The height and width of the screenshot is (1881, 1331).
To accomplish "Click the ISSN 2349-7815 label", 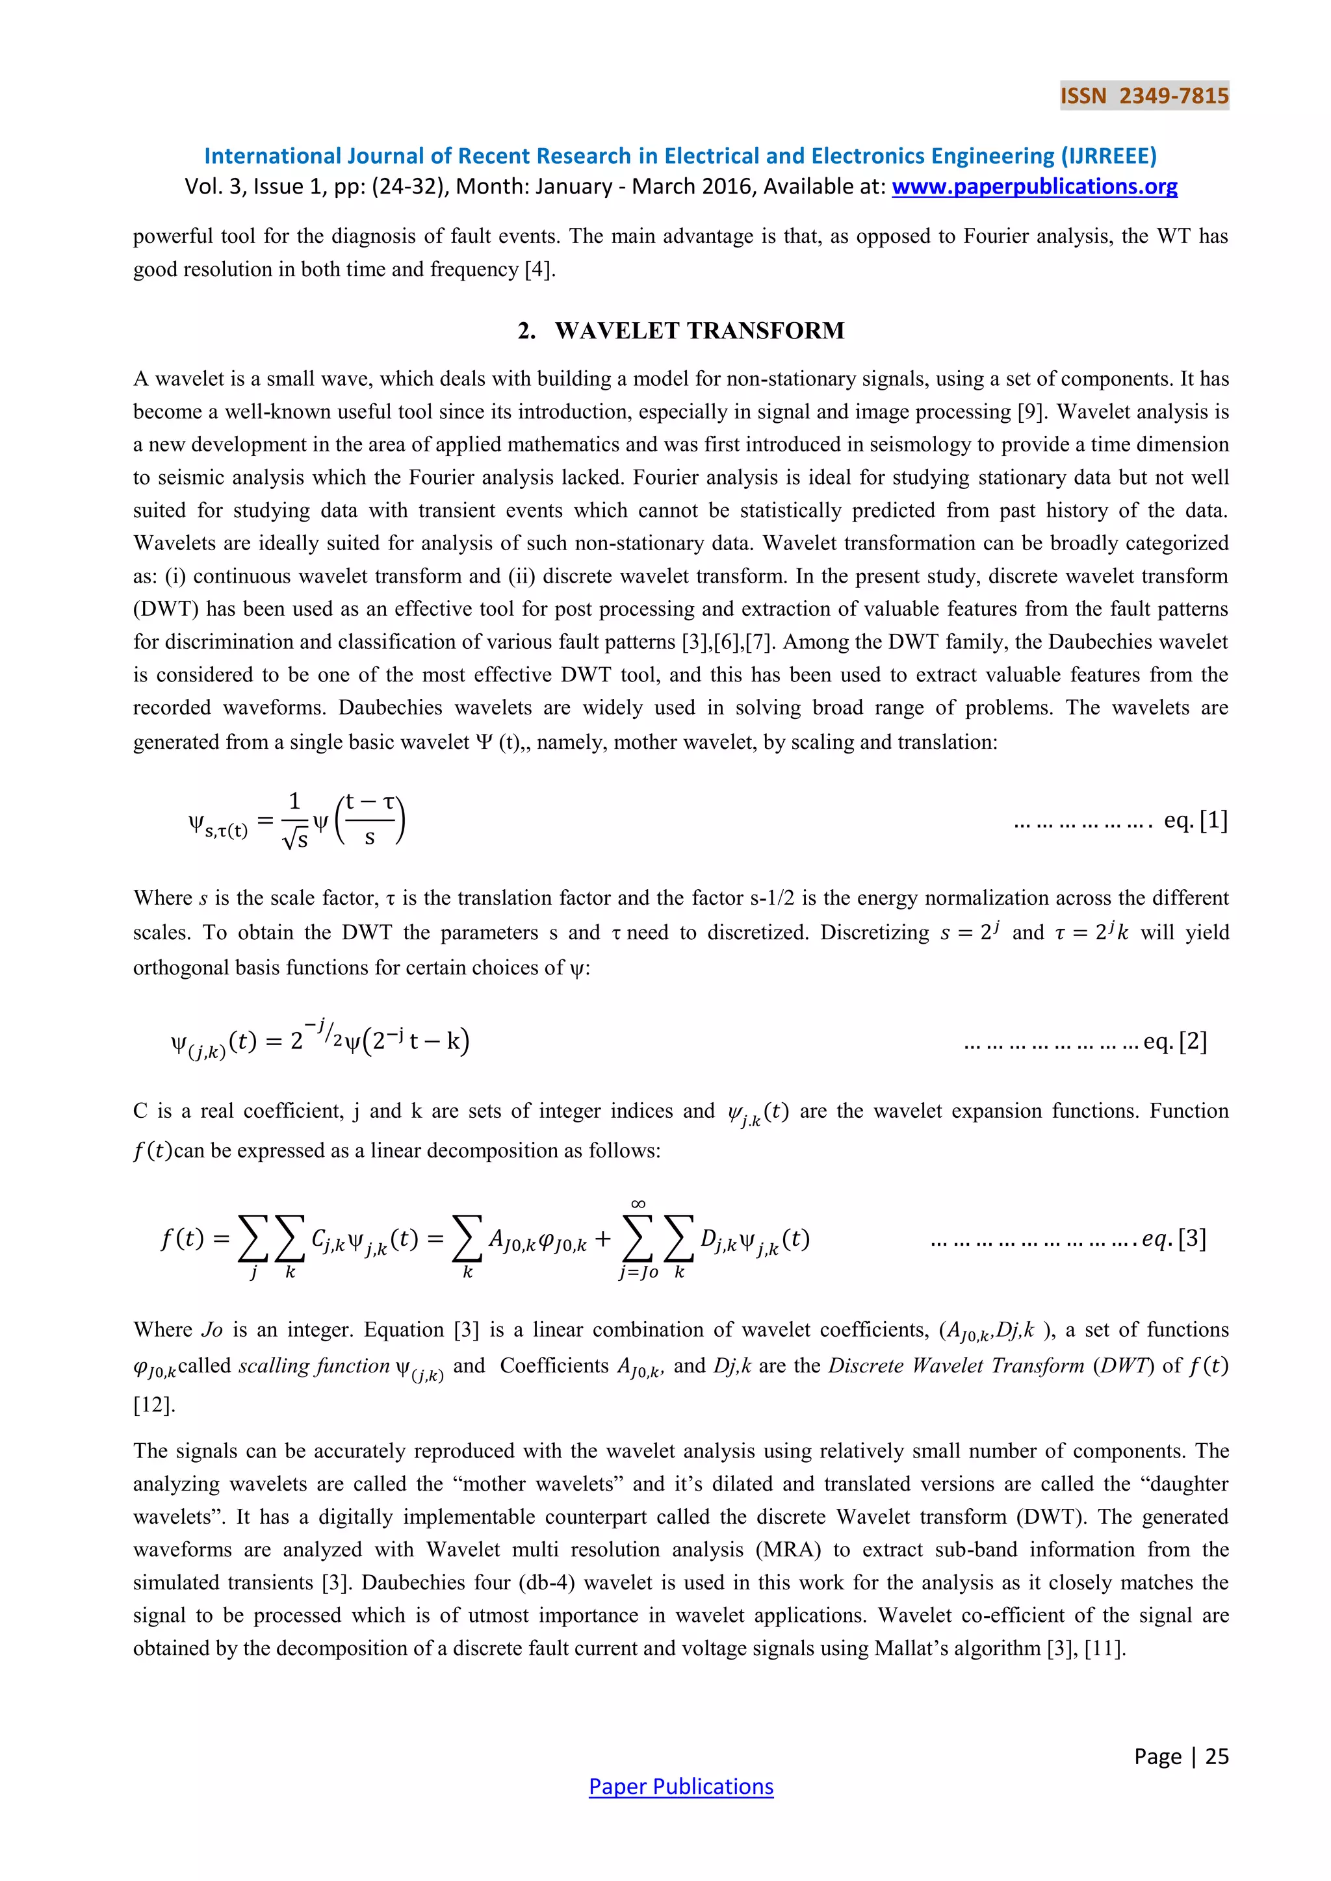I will (x=1144, y=96).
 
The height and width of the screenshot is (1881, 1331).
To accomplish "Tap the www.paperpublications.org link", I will (x=1034, y=187).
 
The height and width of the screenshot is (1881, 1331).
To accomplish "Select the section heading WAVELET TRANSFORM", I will (x=699, y=331).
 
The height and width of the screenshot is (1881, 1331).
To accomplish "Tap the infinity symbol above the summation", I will (x=638, y=1204).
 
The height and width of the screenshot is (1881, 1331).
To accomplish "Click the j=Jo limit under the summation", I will (x=638, y=1272).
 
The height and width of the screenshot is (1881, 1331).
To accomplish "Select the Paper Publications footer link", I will (x=681, y=1786).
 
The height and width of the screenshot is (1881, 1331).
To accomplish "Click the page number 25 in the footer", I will (x=1217, y=1756).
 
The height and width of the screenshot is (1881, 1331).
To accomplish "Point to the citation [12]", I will (x=154, y=1405).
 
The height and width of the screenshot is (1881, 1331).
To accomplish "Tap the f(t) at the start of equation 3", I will (x=183, y=1238).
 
